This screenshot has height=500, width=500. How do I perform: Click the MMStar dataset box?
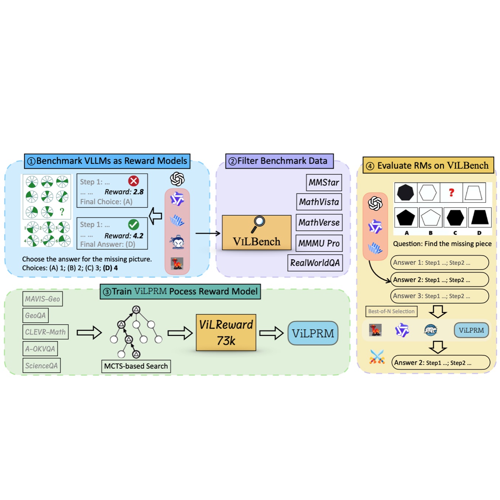324,182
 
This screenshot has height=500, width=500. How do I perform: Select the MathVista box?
319,202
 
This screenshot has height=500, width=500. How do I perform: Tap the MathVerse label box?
319,223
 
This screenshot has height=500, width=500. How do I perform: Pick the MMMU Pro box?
319,243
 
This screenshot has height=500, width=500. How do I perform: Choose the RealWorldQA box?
315,263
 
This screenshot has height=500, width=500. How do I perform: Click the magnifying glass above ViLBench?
258,223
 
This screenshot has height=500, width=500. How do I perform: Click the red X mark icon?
133,181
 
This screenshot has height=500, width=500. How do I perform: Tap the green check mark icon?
133,225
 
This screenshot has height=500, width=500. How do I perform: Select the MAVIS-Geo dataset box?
42,299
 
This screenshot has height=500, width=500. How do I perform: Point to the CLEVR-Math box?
45,332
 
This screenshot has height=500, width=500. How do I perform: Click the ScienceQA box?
41,366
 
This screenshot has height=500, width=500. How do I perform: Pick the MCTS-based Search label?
136,366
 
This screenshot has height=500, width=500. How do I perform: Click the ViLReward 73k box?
226,332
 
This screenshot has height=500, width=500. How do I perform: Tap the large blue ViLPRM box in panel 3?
313,333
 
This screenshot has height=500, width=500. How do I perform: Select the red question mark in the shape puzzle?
451,192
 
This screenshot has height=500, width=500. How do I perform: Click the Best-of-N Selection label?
391,311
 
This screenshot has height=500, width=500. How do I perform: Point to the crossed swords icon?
377,357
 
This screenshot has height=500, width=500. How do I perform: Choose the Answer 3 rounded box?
439,296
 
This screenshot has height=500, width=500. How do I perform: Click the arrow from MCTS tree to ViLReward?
180,333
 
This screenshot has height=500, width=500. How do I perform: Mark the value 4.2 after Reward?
138,236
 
